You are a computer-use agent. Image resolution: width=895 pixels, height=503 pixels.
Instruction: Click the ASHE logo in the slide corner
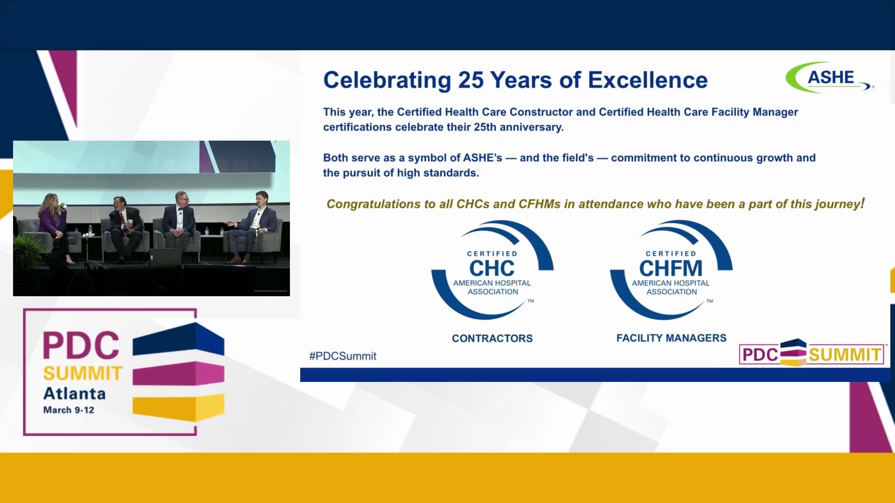[x=830, y=77]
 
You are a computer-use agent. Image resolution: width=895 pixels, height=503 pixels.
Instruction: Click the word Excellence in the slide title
[x=648, y=80]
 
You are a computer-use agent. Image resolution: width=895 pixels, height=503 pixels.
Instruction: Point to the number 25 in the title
[x=471, y=80]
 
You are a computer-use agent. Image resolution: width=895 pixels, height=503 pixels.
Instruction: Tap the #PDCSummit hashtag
[x=343, y=356]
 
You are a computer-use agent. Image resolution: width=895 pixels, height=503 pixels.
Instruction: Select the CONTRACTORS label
[x=492, y=339]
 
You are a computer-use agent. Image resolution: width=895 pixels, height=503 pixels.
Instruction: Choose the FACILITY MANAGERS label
[x=671, y=338]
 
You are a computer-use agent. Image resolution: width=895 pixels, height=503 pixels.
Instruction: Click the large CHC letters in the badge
[x=492, y=268]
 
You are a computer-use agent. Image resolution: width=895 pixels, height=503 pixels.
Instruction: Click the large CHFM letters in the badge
[x=671, y=268]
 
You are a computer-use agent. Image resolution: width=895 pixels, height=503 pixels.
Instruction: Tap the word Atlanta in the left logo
[x=75, y=394]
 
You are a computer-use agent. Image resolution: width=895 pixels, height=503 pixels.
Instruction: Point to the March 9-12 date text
[x=69, y=410]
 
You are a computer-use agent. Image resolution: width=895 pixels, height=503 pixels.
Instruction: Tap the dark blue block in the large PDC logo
[x=179, y=339]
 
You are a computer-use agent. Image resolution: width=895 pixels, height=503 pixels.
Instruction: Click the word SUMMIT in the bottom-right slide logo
[x=845, y=355]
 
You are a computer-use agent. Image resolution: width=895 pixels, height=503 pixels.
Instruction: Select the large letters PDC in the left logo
[x=81, y=346]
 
